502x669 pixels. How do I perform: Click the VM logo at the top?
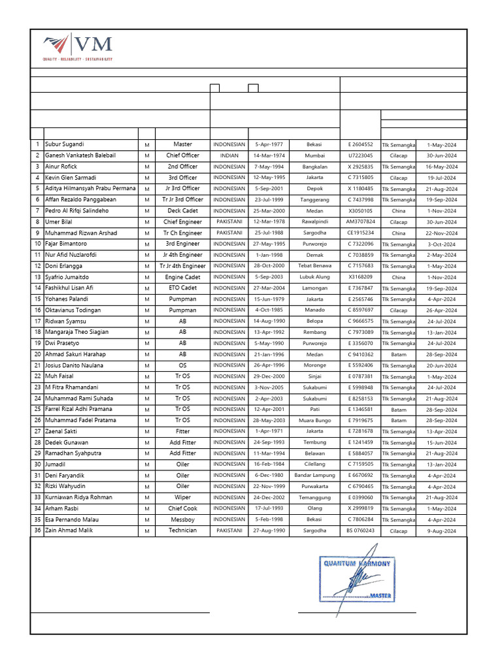pyautogui.click(x=77, y=47)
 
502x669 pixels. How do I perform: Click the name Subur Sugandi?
pyautogui.click(x=64, y=144)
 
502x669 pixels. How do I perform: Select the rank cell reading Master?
pyautogui.click(x=183, y=144)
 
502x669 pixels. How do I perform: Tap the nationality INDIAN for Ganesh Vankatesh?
pyautogui.click(x=229, y=155)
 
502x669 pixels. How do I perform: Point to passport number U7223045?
pyautogui.click(x=360, y=155)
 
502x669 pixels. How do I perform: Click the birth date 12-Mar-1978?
pyautogui.click(x=269, y=221)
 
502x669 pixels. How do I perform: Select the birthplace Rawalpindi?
pyautogui.click(x=314, y=221)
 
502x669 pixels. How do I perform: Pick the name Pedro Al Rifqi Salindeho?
pyautogui.click(x=76, y=210)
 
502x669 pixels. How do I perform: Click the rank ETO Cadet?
pyautogui.click(x=183, y=287)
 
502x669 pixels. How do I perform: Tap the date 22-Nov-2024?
pyautogui.click(x=441, y=233)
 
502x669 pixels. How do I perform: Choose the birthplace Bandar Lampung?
pyautogui.click(x=314, y=476)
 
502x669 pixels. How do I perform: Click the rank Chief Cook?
pyautogui.click(x=183, y=508)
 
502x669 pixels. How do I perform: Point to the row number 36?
pyautogui.click(x=37, y=530)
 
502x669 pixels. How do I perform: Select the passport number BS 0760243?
pyautogui.click(x=360, y=530)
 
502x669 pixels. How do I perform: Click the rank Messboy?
pyautogui.click(x=183, y=519)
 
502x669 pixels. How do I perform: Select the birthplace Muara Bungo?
pyautogui.click(x=314, y=420)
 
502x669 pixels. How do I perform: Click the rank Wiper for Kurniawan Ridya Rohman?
pyautogui.click(x=183, y=497)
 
